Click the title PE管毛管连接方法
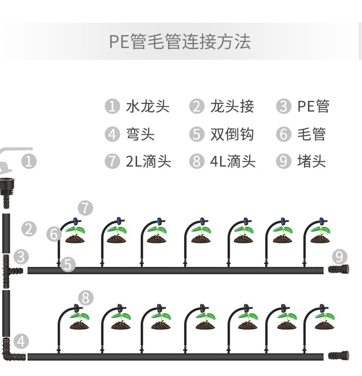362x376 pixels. point(180,42)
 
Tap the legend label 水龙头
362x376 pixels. point(148,106)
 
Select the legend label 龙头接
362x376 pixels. point(232,106)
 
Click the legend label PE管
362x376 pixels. point(313,106)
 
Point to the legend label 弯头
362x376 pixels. point(140,134)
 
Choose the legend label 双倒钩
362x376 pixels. point(232,134)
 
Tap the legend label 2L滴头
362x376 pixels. point(149,161)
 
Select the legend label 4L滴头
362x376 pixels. point(233,161)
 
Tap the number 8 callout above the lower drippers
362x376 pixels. point(85,298)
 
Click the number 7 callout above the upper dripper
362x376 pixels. point(85,209)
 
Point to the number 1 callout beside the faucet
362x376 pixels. point(29,161)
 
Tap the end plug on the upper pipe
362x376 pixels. point(338,270)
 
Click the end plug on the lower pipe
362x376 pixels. point(338,356)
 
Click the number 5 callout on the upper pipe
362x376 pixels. point(69,264)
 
